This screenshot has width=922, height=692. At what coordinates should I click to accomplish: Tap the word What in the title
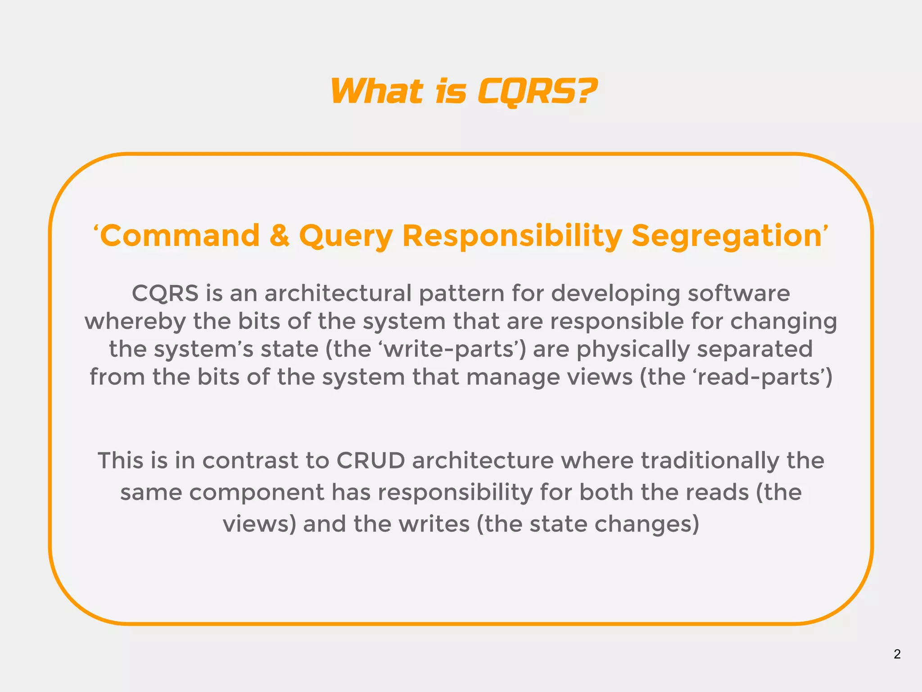pos(376,92)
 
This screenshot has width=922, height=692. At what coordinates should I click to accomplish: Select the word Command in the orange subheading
pos(180,236)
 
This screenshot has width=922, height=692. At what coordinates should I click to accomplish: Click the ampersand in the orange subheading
pos(280,236)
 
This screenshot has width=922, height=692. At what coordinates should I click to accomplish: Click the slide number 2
pos(897,654)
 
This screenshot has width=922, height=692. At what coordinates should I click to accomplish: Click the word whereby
pos(135,322)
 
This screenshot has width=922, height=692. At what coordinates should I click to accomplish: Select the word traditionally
pos(710,461)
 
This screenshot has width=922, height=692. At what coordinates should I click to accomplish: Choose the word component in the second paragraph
pos(256,492)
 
